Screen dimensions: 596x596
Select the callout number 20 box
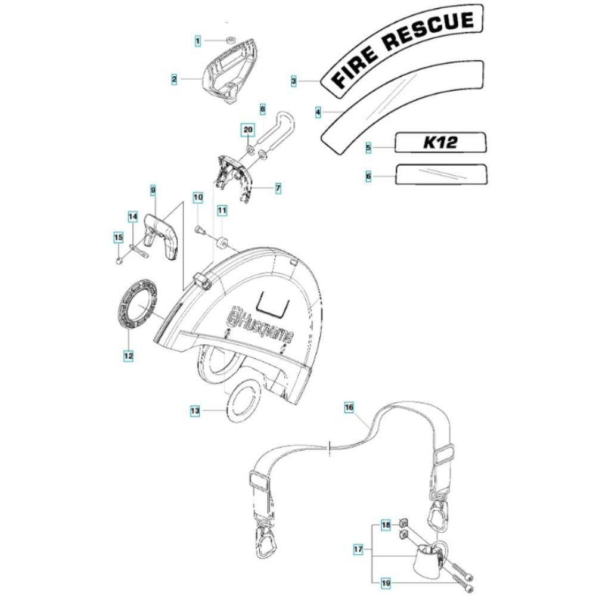248,129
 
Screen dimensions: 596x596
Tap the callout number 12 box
128,356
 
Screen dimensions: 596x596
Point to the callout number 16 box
349,408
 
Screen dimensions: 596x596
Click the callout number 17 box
358,549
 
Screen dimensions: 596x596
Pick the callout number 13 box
195,411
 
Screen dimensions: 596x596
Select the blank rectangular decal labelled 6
441,175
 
